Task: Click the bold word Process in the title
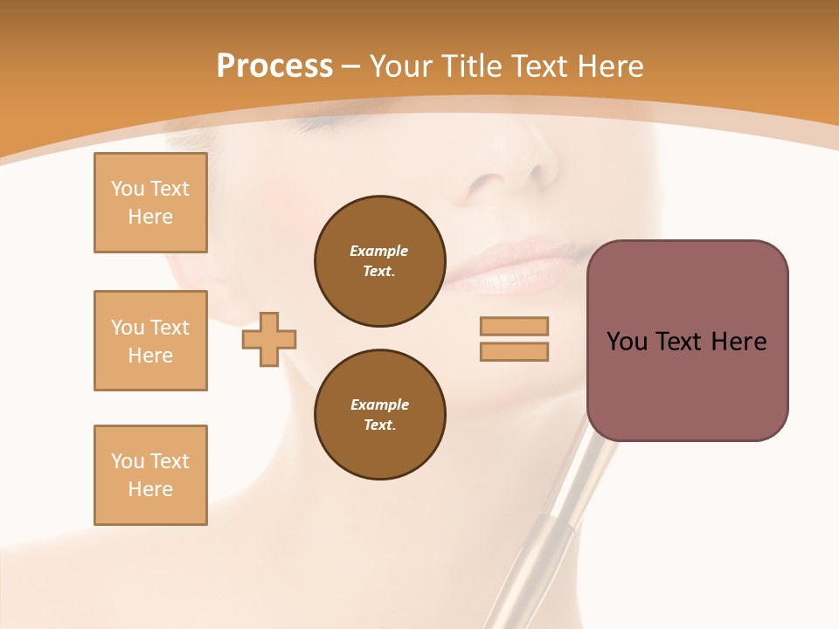274,66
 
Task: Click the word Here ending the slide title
609,66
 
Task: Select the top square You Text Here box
150,203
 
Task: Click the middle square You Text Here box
150,341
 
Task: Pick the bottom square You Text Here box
150,475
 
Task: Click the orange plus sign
269,339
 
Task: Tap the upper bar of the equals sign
514,326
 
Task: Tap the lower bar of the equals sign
514,351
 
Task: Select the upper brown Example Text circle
379,261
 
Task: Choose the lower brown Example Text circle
379,415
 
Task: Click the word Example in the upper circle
379,251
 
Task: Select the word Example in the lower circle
379,404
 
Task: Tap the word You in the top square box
128,189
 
